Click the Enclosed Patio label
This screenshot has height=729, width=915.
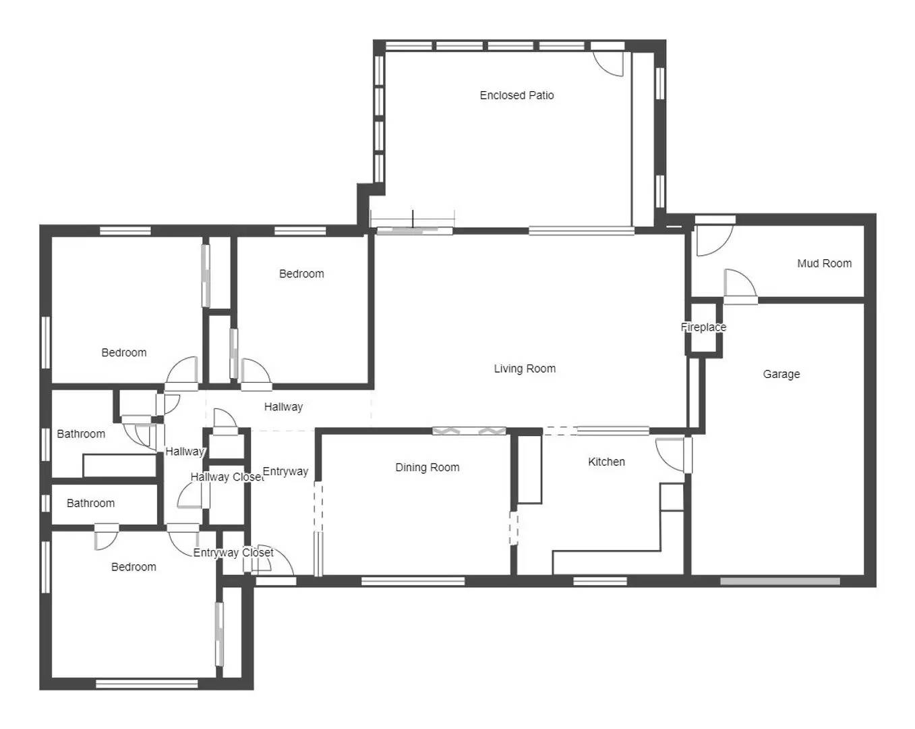pos(516,95)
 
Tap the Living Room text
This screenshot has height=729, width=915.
pos(525,369)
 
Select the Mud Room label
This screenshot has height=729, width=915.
pos(824,263)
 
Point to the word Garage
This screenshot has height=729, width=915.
pos(781,374)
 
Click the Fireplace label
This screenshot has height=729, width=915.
pos(703,327)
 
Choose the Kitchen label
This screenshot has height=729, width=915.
pos(606,462)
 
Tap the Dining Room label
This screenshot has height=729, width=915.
pos(427,467)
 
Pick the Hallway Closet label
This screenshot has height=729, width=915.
pos(227,477)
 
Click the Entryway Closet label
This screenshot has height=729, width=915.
pos(233,553)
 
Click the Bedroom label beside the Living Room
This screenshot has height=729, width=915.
pos(301,273)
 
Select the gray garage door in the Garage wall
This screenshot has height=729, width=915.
pos(780,581)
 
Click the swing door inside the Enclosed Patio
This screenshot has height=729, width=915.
pos(609,63)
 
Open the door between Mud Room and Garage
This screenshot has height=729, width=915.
pos(740,285)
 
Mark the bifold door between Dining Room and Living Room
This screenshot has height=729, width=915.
pos(469,431)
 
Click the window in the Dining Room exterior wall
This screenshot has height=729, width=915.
pos(413,581)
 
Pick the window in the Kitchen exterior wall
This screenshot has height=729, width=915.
pos(599,581)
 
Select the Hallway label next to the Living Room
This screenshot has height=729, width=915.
pos(283,406)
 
